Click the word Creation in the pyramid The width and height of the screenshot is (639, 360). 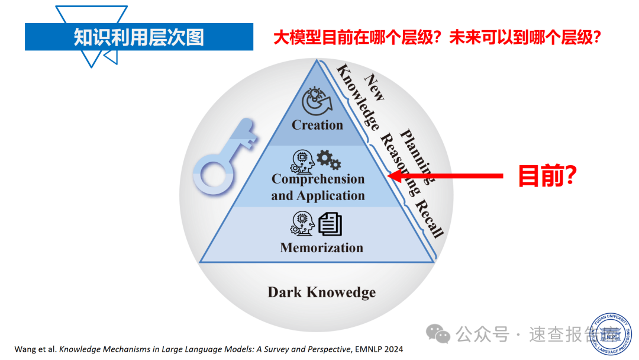pyautogui.click(x=317, y=125)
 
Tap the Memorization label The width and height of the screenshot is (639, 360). pyautogui.click(x=321, y=247)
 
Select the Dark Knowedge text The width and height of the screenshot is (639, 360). pyautogui.click(x=321, y=292)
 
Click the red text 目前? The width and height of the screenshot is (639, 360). pyautogui.click(x=547, y=175)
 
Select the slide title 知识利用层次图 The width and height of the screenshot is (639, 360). pyautogui.click(x=138, y=37)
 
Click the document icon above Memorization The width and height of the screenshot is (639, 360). pyautogui.click(x=330, y=224)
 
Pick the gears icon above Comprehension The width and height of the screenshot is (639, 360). pyautogui.click(x=328, y=159)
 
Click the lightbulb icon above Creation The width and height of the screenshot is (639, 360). pyautogui.click(x=317, y=99)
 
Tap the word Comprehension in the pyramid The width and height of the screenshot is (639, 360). pyautogui.click(x=318, y=179)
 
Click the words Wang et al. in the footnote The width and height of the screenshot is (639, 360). pyautogui.click(x=36, y=349)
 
